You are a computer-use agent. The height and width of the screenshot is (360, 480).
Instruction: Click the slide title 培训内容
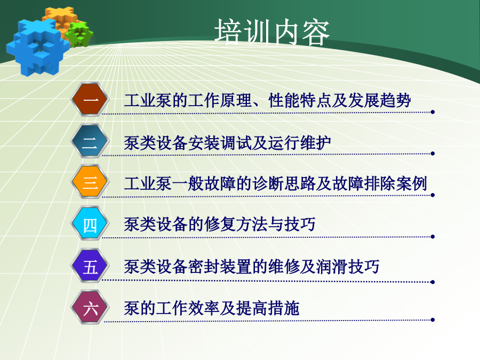[x=272, y=32]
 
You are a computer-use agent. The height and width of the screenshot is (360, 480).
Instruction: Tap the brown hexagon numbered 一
[x=90, y=100]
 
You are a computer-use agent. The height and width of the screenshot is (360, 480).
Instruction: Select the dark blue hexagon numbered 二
[x=90, y=141]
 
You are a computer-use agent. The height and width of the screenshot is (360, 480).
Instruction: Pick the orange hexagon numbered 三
[x=90, y=182]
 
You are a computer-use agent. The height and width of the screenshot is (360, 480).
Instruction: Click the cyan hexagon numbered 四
[x=90, y=224]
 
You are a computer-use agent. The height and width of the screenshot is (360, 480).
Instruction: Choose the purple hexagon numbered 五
[x=90, y=266]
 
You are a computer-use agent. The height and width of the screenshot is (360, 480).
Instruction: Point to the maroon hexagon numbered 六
[x=90, y=307]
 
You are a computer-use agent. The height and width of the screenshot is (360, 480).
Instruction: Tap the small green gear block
[x=79, y=34]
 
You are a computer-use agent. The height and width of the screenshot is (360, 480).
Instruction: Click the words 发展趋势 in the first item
[x=379, y=100]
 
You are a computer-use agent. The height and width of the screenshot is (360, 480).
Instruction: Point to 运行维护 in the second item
[x=299, y=143]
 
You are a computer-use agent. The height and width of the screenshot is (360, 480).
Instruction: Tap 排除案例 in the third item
[x=395, y=183]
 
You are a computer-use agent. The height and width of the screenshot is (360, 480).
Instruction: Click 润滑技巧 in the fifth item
[x=347, y=266]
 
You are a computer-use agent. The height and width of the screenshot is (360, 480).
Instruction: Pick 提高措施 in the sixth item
[x=268, y=308]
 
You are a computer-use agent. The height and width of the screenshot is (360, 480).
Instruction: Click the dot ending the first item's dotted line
[x=433, y=112]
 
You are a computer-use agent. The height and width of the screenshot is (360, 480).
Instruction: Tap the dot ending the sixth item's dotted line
[x=433, y=320]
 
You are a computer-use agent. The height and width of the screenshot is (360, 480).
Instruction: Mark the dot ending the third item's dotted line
[x=433, y=195]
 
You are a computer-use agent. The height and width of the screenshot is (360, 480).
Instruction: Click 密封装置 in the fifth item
[x=220, y=266]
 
